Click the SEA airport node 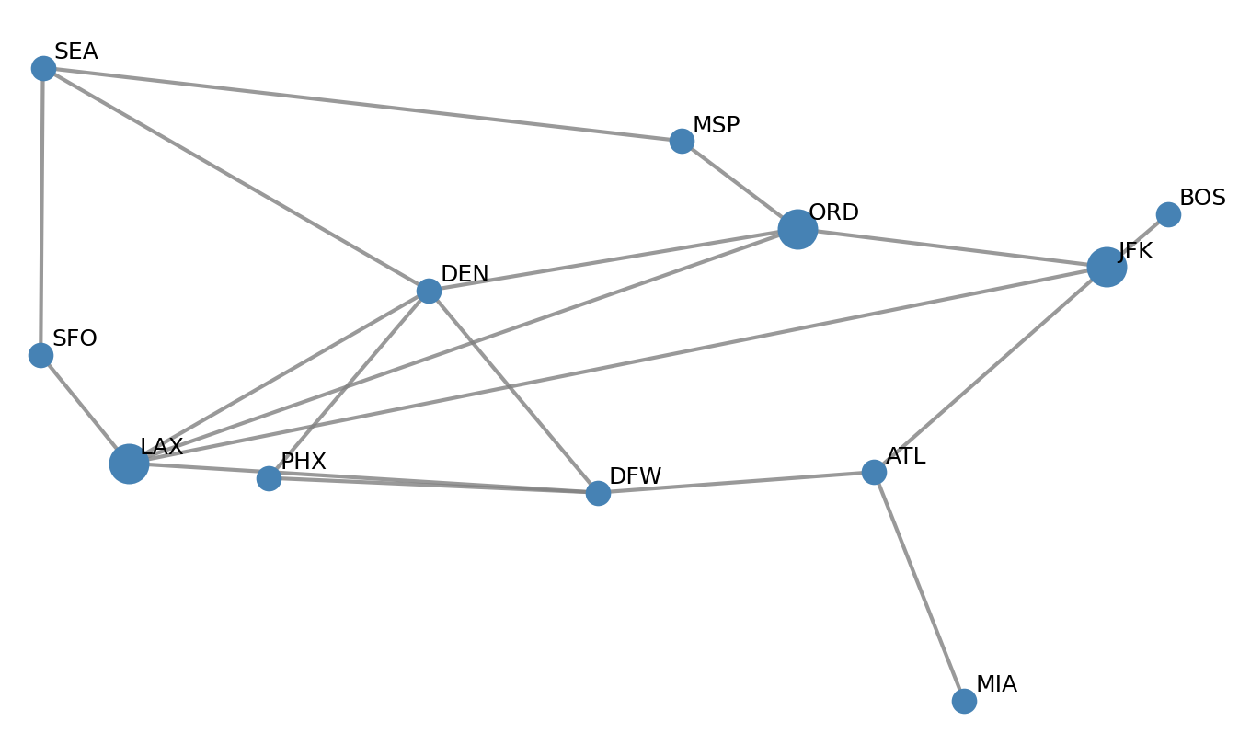tap(43, 68)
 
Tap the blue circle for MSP tap(682, 141)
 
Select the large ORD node tap(797, 229)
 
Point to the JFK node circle tap(1107, 267)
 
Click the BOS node tap(1168, 214)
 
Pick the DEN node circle tap(429, 291)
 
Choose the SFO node tap(40, 355)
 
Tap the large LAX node tap(129, 464)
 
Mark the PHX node tap(269, 478)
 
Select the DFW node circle tap(598, 493)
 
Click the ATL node tap(874, 472)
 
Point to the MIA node tap(964, 701)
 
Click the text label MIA tap(996, 684)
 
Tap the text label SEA tap(75, 52)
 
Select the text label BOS tap(1202, 198)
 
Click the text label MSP tap(716, 125)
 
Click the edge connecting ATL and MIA tap(919, 586)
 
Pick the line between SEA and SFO tap(41, 212)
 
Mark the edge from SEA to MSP tap(362, 104)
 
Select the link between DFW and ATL tap(736, 483)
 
